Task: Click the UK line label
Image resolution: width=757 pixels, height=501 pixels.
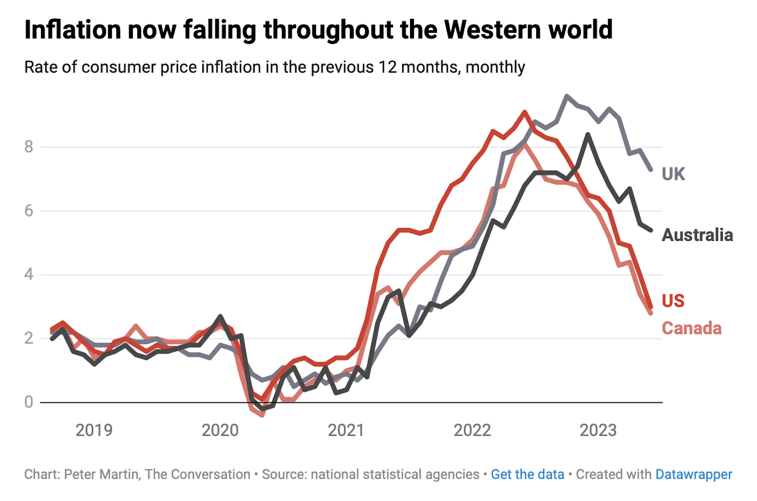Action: (x=673, y=174)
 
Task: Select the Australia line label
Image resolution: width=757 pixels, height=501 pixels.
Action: (x=697, y=235)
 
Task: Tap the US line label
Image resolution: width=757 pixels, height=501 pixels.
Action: (x=673, y=301)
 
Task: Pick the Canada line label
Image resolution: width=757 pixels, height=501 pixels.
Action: (x=691, y=328)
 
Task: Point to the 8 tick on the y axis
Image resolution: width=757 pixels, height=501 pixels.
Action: (x=28, y=147)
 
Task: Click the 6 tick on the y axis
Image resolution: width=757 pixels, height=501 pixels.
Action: (x=28, y=211)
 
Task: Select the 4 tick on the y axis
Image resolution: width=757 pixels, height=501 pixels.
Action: (x=28, y=274)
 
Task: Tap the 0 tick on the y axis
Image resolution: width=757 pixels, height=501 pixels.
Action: (x=28, y=402)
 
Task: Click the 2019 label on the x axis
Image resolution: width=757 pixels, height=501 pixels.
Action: (x=94, y=430)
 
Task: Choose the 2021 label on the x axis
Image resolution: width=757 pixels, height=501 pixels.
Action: (x=346, y=430)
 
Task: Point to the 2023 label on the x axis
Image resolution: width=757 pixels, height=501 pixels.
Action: (x=598, y=430)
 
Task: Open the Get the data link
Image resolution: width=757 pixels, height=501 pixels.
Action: (x=527, y=474)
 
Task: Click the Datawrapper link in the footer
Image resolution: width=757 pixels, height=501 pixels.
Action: (x=694, y=474)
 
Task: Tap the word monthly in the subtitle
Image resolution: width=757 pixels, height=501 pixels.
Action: (x=495, y=68)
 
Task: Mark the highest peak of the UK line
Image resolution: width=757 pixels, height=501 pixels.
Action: (x=567, y=96)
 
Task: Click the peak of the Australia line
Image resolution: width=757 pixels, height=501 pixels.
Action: (x=588, y=135)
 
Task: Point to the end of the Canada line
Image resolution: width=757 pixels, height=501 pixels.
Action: (x=651, y=313)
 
